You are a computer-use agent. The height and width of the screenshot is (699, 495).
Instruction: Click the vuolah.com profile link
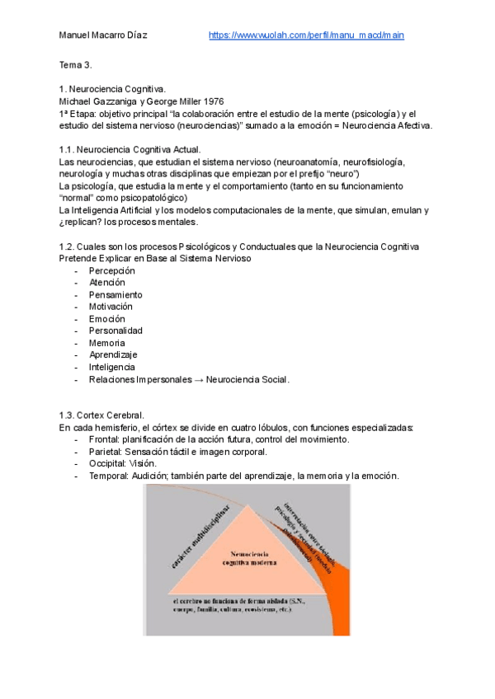tap(306, 35)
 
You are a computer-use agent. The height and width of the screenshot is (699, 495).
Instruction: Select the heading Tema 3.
tap(75, 64)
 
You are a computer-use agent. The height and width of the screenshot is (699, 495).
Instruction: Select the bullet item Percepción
tap(112, 270)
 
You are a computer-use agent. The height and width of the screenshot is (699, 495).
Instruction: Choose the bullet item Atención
tap(107, 283)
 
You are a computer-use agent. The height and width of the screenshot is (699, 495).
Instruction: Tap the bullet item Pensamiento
tap(115, 294)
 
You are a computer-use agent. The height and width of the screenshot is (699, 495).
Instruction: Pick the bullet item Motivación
tap(111, 307)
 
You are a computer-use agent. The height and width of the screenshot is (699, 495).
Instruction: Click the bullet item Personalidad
tap(115, 331)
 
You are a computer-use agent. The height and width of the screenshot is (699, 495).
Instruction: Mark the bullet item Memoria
tap(107, 343)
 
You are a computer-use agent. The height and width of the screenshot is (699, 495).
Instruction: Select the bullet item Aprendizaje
tap(112, 354)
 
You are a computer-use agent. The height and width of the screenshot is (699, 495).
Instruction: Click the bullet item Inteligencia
tap(112, 367)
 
